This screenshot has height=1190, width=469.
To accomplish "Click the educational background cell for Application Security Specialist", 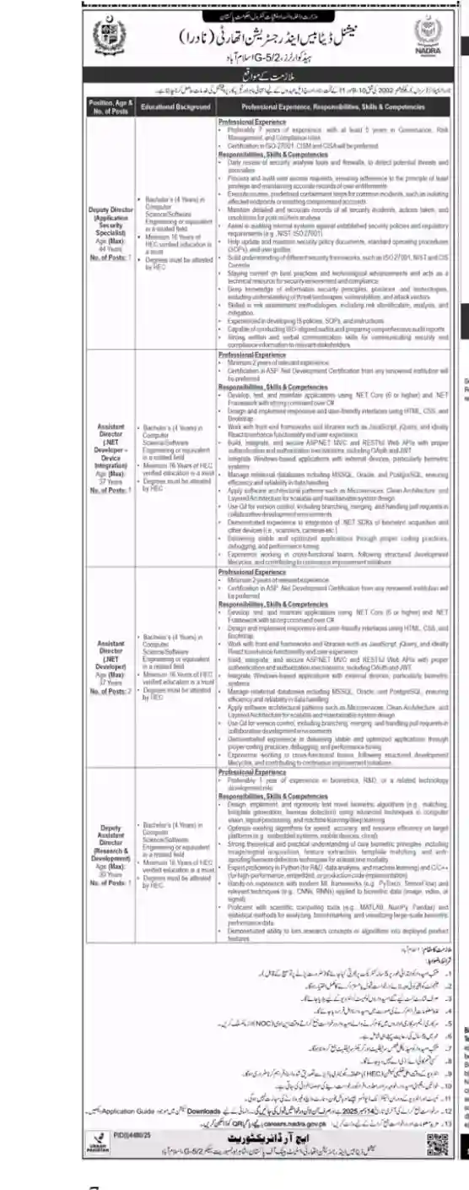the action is tap(175, 233).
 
